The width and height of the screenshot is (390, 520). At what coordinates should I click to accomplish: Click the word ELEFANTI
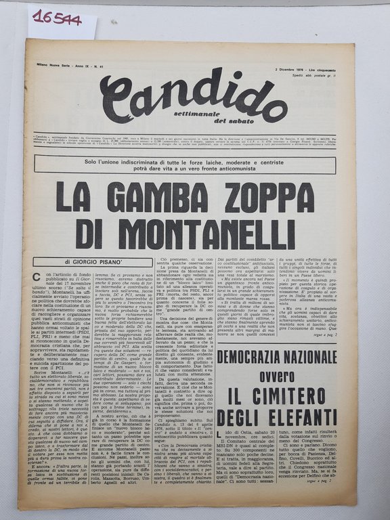pyautogui.click(x=308, y=417)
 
